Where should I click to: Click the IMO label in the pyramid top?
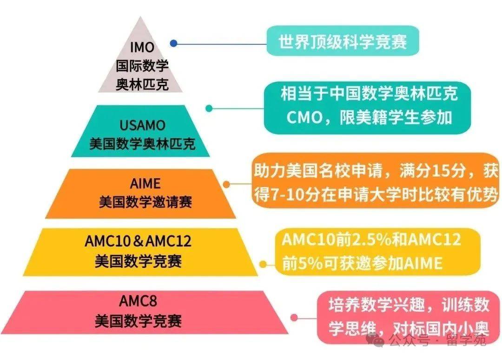tap(142, 47)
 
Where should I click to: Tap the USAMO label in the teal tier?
tap(143, 125)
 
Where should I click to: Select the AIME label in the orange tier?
tap(145, 184)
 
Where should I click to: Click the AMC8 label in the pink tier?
tap(138, 301)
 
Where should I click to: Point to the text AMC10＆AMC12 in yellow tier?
tap(138, 241)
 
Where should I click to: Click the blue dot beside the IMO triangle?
tap(173, 43)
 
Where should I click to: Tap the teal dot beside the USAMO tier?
tap(209, 108)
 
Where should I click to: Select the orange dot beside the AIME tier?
tap(226, 184)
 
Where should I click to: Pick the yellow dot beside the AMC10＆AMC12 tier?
tap(263, 264)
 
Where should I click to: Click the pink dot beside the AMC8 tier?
tap(294, 317)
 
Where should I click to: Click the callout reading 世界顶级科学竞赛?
tap(343, 41)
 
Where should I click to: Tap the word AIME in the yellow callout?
tap(423, 263)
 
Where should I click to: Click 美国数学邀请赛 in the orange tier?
tap(145, 202)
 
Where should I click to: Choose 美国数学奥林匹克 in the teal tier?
tap(143, 144)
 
